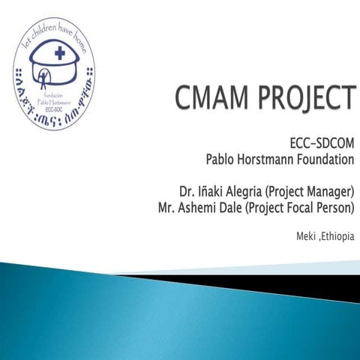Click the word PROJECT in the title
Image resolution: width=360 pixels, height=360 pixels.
[304, 98]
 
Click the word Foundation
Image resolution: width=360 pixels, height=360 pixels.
[327, 158]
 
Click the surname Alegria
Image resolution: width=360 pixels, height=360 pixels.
[248, 190]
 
